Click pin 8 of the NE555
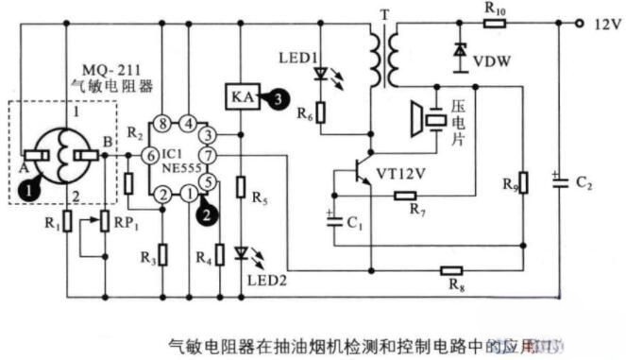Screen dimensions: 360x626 (x=163, y=123)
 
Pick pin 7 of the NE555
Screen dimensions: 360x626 (x=209, y=154)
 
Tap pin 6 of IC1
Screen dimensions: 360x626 (x=149, y=154)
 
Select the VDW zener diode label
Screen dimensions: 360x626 (x=492, y=62)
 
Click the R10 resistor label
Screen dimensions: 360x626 (x=495, y=9)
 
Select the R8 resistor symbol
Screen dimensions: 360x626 (x=453, y=271)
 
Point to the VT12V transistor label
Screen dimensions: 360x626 (x=401, y=174)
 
